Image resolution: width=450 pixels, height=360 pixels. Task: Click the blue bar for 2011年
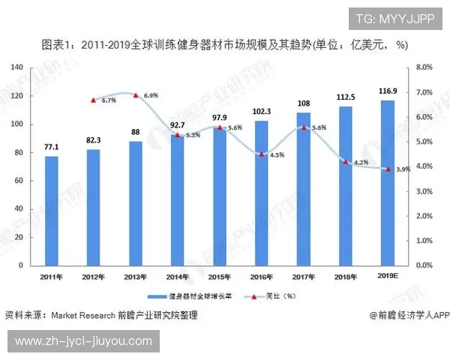(51, 210)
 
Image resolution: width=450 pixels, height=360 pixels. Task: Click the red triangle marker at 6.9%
(135, 95)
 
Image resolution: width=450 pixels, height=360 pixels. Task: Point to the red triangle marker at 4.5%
(261, 154)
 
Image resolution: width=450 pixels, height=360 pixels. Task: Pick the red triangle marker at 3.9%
(387, 169)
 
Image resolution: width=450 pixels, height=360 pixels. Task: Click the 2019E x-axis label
(387, 275)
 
